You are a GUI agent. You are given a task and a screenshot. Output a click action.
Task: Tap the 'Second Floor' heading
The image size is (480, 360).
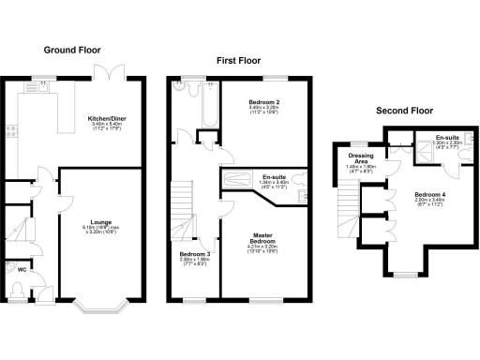click(x=402, y=110)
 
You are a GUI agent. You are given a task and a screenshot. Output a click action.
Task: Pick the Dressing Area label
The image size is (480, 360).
click(x=361, y=158)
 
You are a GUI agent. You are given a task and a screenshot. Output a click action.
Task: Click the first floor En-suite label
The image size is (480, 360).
click(x=274, y=178)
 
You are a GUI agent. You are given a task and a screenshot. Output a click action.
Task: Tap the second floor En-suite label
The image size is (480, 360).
click(x=446, y=138)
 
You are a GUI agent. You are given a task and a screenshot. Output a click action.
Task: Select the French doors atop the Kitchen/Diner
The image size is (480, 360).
click(x=114, y=73)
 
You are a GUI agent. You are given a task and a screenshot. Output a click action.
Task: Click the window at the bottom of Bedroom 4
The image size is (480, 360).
click(x=405, y=275)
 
